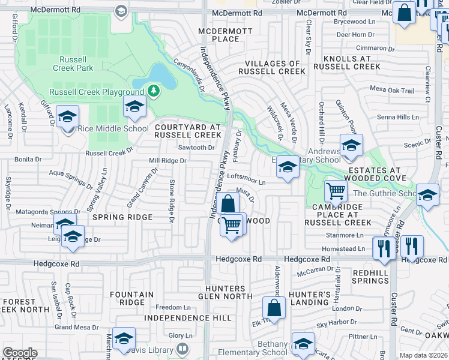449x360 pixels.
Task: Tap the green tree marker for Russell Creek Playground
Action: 154,91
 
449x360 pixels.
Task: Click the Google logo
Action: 20,353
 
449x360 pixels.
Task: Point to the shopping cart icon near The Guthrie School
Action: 336,191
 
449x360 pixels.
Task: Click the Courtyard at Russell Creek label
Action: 185,131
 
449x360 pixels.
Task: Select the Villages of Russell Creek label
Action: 269,67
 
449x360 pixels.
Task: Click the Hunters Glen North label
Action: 229,292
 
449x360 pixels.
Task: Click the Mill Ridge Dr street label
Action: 168,161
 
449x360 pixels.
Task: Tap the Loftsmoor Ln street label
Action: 246,180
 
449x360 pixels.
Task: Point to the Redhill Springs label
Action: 371,277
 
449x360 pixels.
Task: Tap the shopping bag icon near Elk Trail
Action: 274,308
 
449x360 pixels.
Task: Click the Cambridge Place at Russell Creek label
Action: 338,214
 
